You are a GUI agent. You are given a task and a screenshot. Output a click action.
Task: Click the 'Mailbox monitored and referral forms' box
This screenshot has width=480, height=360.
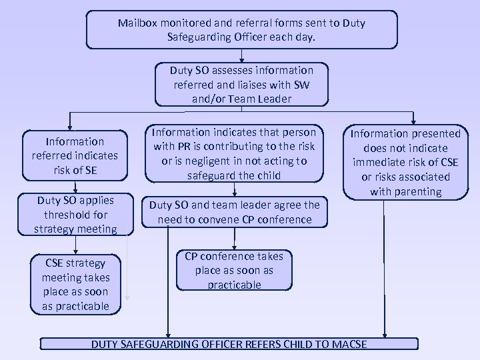coord(241,29)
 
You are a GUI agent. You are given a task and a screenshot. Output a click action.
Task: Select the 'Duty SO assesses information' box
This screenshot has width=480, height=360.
coord(241,85)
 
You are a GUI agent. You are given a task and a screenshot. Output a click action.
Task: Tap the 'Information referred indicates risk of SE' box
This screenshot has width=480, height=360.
coord(75,155)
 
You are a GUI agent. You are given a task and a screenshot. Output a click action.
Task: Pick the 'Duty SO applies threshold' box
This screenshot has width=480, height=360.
coord(75,215)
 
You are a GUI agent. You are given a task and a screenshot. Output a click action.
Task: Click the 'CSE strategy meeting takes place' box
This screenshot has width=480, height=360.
coord(75,285)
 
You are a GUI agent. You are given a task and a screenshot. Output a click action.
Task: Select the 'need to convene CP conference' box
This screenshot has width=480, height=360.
coord(235,213)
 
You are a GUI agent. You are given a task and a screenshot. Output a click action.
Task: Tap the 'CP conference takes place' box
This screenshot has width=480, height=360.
coord(234,270)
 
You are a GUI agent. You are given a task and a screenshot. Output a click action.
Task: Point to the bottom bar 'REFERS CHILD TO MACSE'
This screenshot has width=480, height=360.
coord(229,344)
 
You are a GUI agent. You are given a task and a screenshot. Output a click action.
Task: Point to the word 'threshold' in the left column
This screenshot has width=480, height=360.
coord(75,215)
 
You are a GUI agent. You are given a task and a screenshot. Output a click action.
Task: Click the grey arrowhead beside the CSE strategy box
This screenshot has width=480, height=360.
coord(127,299)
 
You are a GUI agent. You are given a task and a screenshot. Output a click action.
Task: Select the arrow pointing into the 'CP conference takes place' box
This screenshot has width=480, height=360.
coord(234,246)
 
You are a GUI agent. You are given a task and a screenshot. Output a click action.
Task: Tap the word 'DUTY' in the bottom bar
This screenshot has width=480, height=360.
coord(106,344)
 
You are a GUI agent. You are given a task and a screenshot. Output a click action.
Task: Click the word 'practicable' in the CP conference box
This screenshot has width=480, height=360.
coord(234,285)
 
